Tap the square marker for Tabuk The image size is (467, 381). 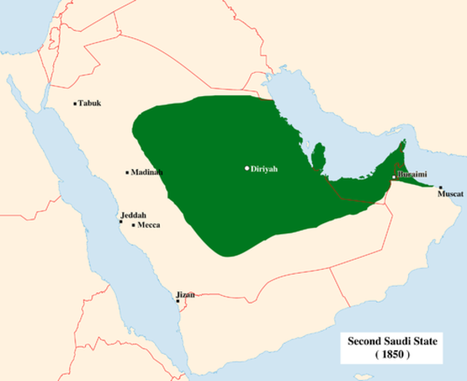pyautogui.click(x=75, y=104)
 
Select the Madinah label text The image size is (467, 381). pyautogui.click(x=148, y=172)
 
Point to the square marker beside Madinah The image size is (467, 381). pyautogui.click(x=127, y=172)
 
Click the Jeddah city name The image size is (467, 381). pyautogui.click(x=133, y=215)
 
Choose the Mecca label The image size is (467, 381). pyautogui.click(x=149, y=225)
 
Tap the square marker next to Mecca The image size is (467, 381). pyautogui.click(x=133, y=225)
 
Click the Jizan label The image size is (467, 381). pyautogui.click(x=185, y=294)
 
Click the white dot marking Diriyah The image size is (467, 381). pyautogui.click(x=247, y=168)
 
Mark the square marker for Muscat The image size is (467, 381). pyautogui.click(x=441, y=187)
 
